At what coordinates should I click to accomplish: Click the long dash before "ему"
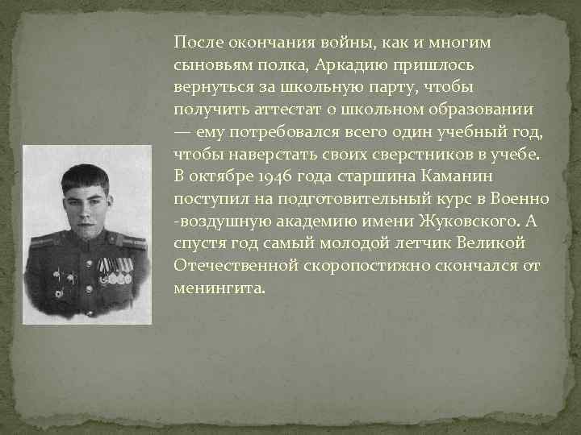coord(182,130)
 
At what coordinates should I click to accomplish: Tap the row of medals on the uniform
coord(114,273)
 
